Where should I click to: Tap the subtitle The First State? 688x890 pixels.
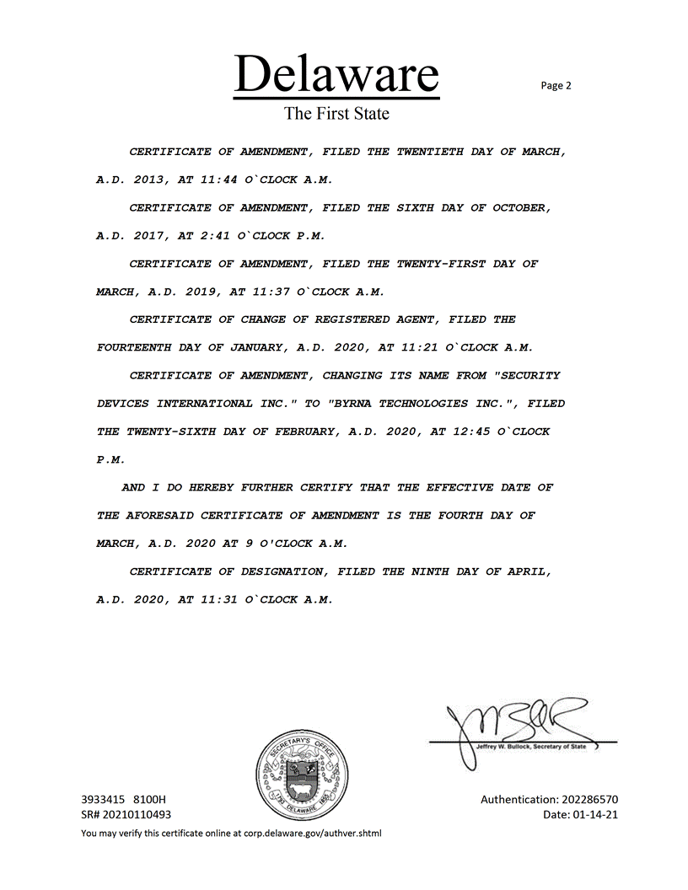click(336, 113)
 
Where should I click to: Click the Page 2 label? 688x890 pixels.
click(556, 85)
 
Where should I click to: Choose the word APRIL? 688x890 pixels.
click(529, 571)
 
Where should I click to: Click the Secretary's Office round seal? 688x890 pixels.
click(303, 769)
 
